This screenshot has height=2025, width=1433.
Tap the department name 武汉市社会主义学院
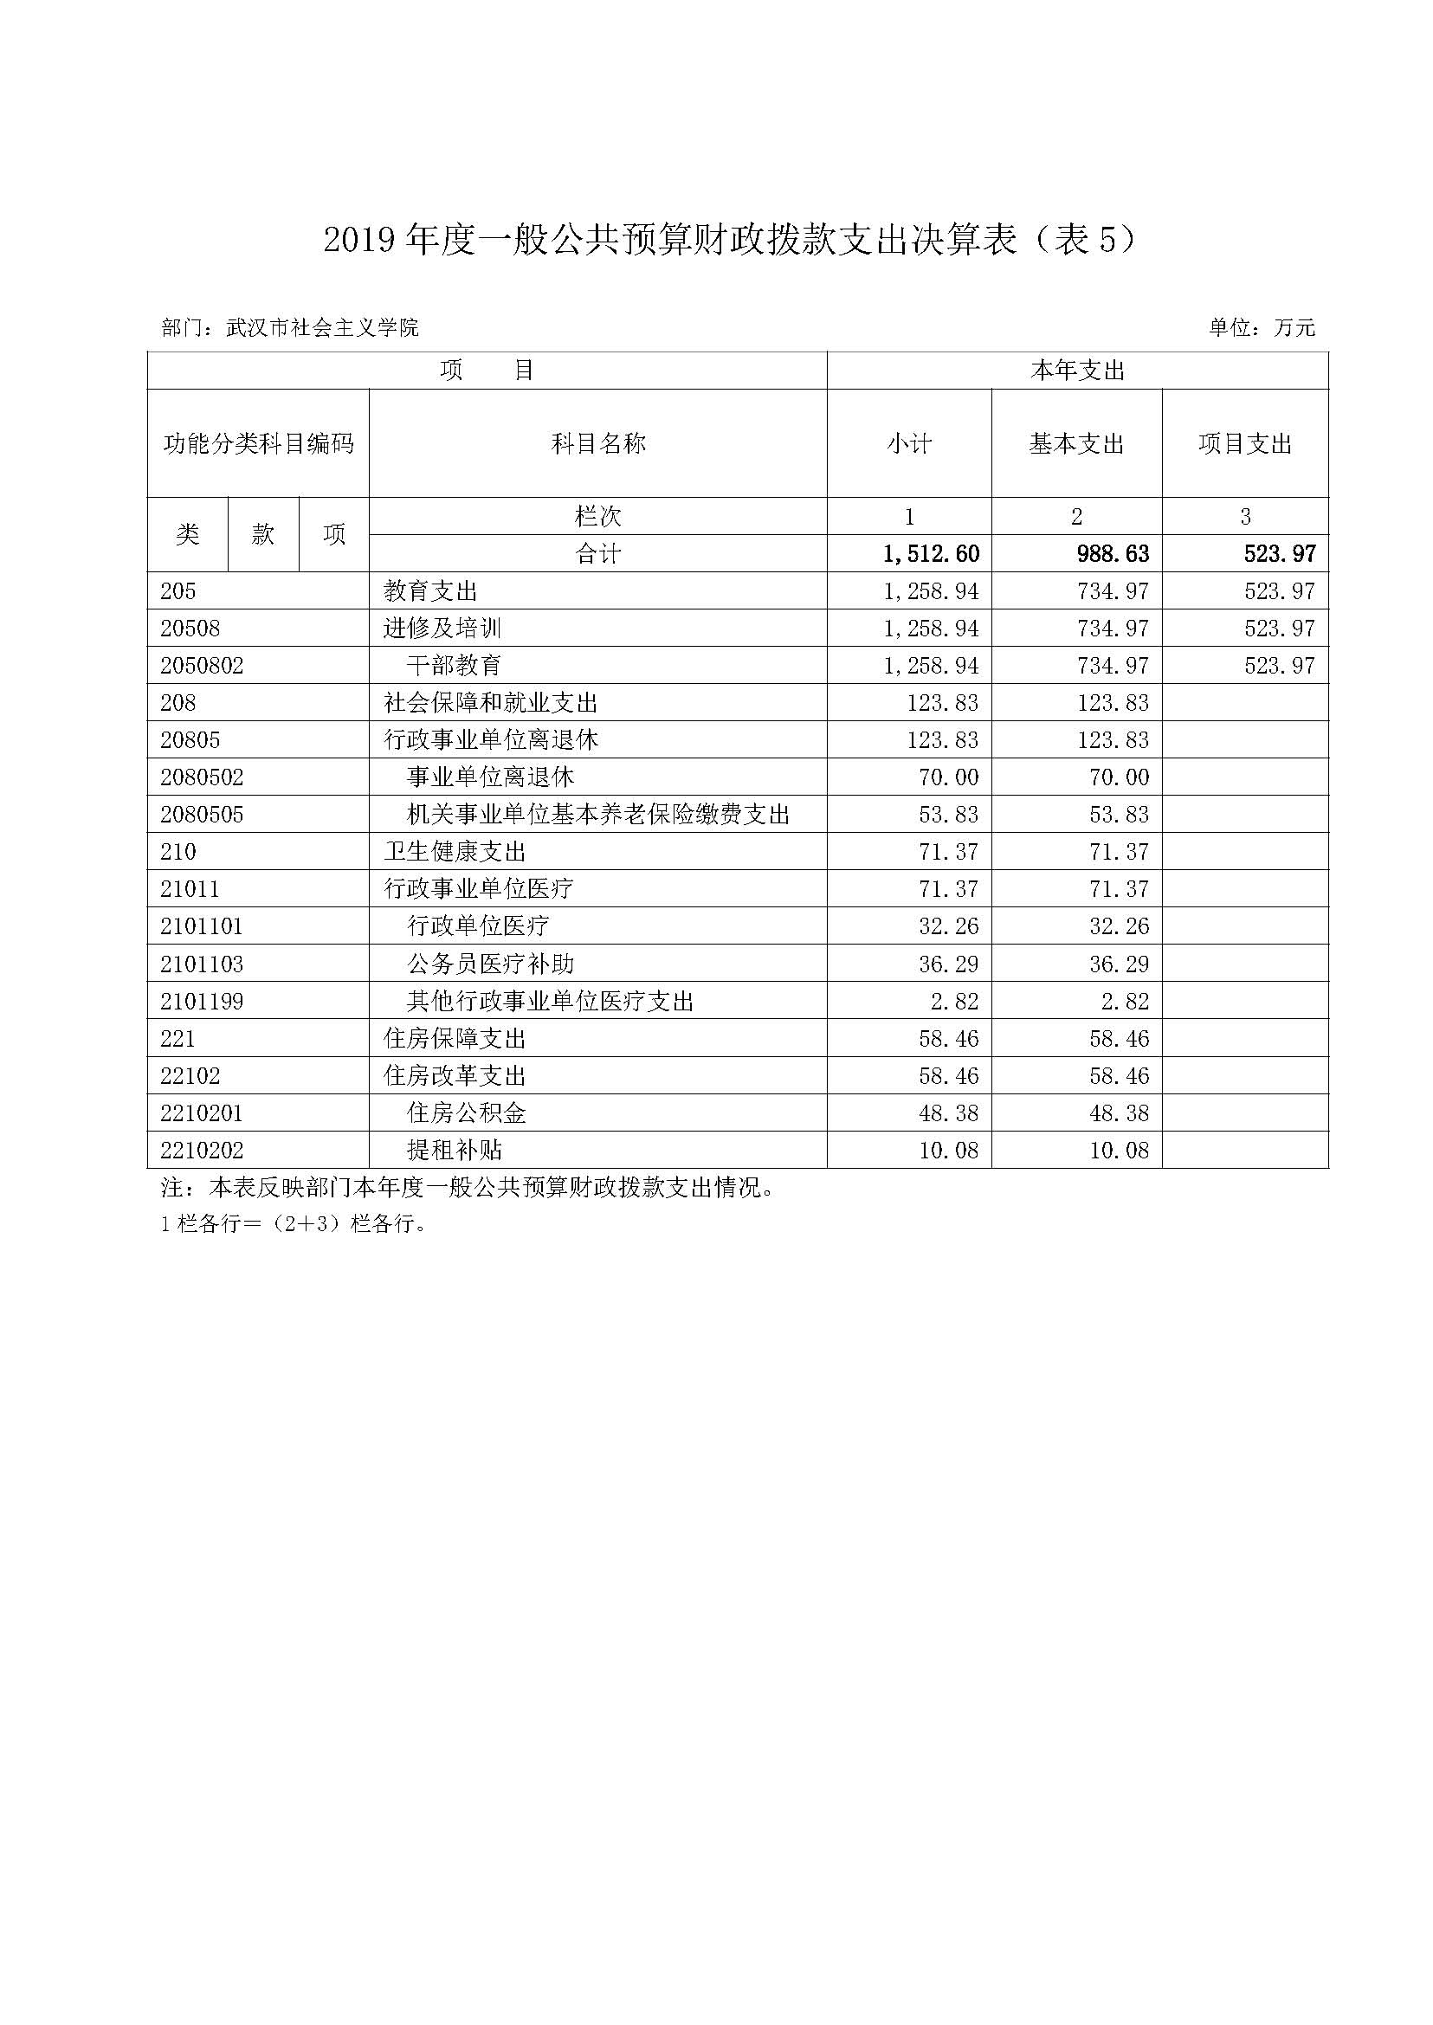322,328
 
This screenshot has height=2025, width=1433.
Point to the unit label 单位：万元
1261,328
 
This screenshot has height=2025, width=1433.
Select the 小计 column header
909,444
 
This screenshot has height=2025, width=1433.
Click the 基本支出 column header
1076,444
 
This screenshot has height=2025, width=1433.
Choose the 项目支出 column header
1244,444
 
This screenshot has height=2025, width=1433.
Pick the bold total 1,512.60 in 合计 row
931,554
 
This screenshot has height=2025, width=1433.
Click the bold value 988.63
1113,554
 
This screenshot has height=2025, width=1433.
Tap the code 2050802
201,666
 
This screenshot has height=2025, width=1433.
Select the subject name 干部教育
454,666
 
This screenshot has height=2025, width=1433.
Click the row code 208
178,703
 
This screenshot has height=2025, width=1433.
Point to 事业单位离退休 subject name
490,777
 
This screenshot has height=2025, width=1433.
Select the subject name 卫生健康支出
455,853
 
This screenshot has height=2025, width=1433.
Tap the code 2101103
201,964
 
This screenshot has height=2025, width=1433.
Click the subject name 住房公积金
466,1113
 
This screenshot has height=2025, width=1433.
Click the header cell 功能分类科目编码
258,444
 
